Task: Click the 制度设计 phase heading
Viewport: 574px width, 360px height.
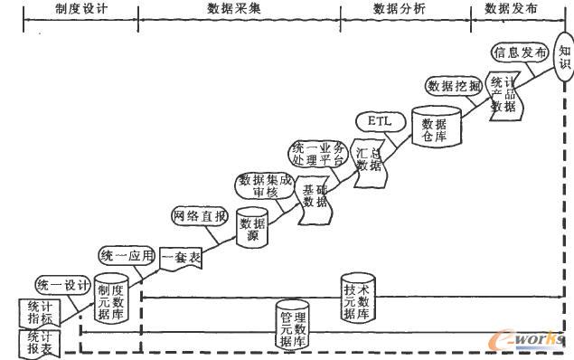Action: click(x=81, y=9)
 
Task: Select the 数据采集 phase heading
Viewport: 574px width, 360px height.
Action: click(x=240, y=9)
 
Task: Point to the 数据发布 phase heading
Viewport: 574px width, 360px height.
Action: click(x=511, y=9)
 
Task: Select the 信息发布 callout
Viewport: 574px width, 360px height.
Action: click(x=520, y=53)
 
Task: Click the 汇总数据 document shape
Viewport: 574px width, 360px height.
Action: click(x=369, y=160)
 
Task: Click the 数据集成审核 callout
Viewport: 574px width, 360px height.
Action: click(x=265, y=185)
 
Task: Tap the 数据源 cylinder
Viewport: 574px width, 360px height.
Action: click(x=253, y=227)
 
